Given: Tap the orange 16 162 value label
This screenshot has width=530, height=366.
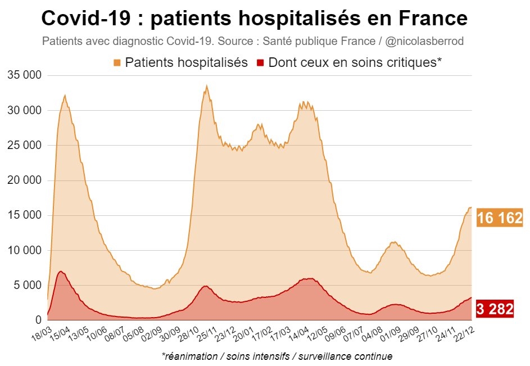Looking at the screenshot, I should tap(500, 218).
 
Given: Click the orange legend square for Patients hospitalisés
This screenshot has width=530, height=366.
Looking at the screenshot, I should tap(117, 62).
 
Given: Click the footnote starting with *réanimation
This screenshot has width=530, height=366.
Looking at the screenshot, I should tap(277, 356).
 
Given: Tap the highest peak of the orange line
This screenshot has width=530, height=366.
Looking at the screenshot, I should tap(207, 86).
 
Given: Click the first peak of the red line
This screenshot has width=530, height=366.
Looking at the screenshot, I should tap(60, 272).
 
